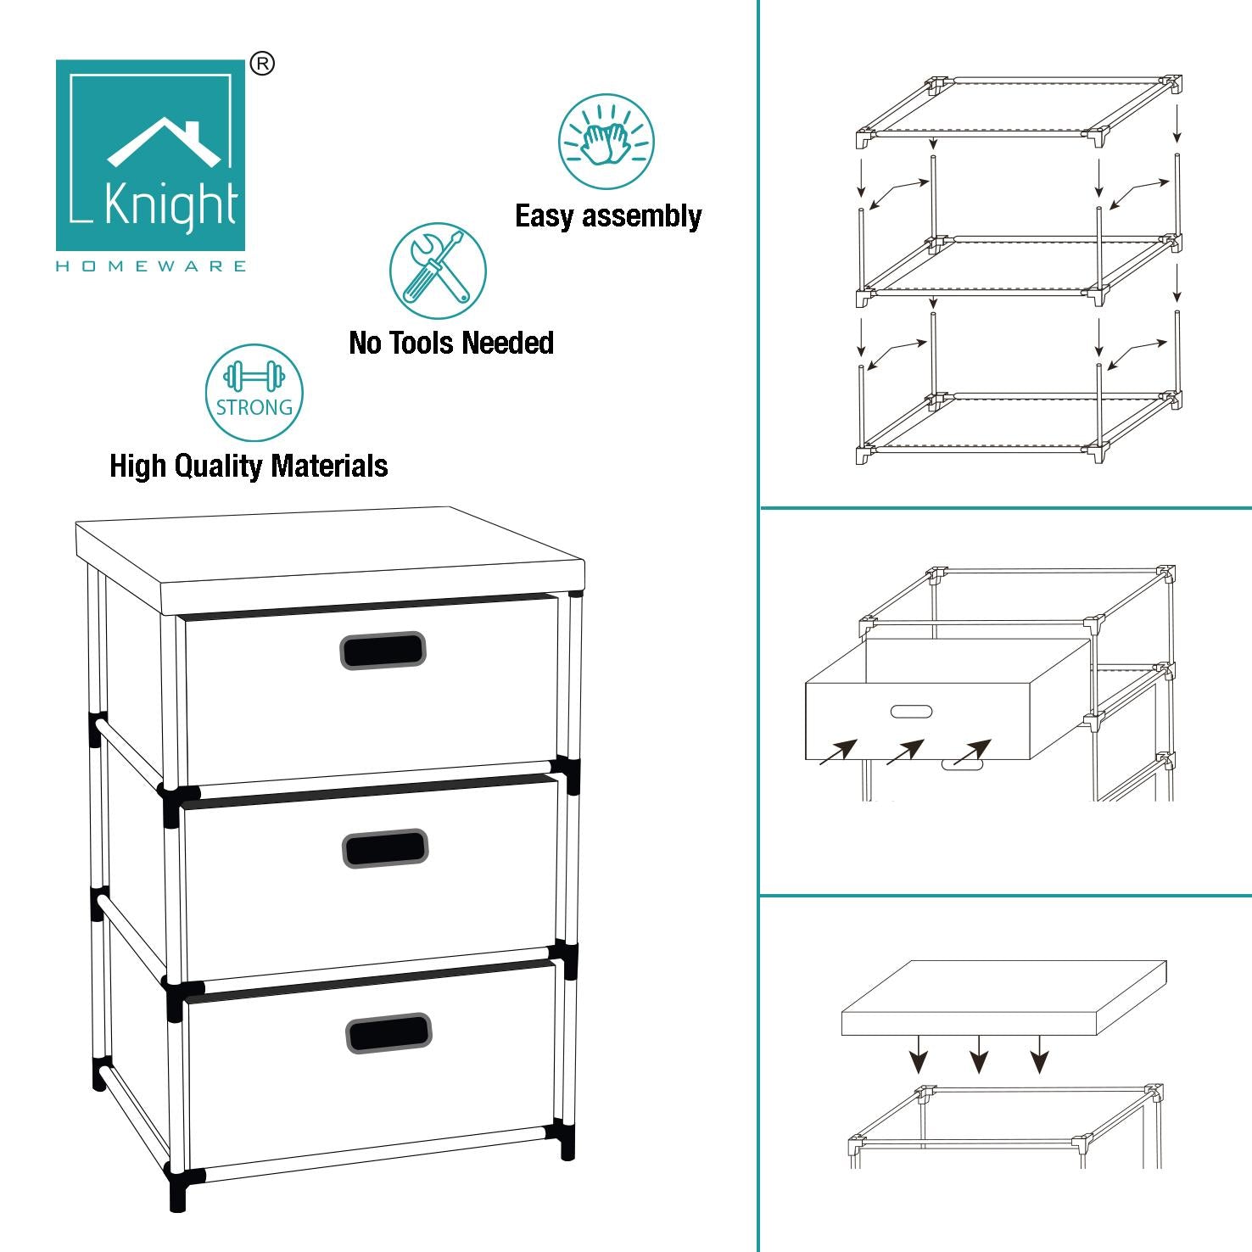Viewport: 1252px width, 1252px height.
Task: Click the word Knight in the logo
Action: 170,204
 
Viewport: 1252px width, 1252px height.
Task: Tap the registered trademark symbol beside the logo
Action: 263,64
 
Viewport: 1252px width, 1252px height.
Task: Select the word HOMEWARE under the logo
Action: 151,266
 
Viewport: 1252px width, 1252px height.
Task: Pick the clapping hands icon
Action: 606,142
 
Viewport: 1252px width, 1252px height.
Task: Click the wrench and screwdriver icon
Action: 438,271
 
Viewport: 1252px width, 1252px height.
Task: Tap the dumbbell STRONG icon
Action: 254,393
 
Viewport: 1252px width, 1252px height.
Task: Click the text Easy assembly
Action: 608,216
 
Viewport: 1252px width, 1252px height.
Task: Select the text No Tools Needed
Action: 451,343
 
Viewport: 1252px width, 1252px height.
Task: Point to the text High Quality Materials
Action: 249,466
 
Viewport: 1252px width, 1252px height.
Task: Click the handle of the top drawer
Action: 383,651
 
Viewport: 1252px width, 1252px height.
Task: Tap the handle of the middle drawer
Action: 385,848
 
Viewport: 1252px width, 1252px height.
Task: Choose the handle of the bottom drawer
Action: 388,1032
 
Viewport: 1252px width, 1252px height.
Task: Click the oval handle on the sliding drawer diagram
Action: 912,712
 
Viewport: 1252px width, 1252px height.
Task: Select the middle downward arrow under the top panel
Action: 979,1054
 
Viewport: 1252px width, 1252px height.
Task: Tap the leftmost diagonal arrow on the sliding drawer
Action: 838,752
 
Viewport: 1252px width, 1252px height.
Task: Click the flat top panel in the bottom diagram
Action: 1004,998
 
